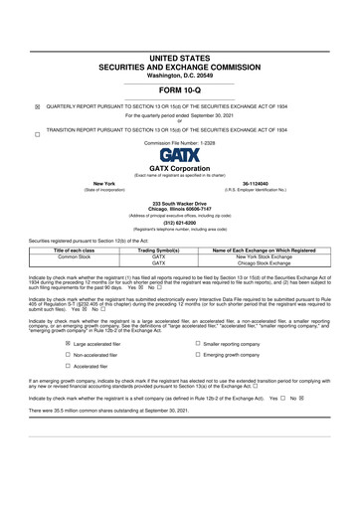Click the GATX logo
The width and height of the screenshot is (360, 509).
click(x=180, y=154)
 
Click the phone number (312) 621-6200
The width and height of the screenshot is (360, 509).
click(x=180, y=223)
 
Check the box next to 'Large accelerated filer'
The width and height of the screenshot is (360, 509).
click(x=69, y=342)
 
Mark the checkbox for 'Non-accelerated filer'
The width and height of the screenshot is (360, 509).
click(x=69, y=354)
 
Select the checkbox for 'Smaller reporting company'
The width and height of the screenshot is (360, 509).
click(x=199, y=342)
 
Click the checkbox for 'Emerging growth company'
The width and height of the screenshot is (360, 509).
click(x=199, y=354)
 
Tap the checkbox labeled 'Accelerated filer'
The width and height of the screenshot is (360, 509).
click(x=69, y=366)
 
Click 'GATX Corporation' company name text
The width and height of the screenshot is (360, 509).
click(x=180, y=169)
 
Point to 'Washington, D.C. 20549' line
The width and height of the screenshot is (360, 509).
click(x=180, y=76)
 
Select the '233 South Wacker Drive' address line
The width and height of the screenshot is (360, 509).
click(x=180, y=203)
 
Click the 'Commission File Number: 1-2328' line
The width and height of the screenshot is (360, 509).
click(x=180, y=142)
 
